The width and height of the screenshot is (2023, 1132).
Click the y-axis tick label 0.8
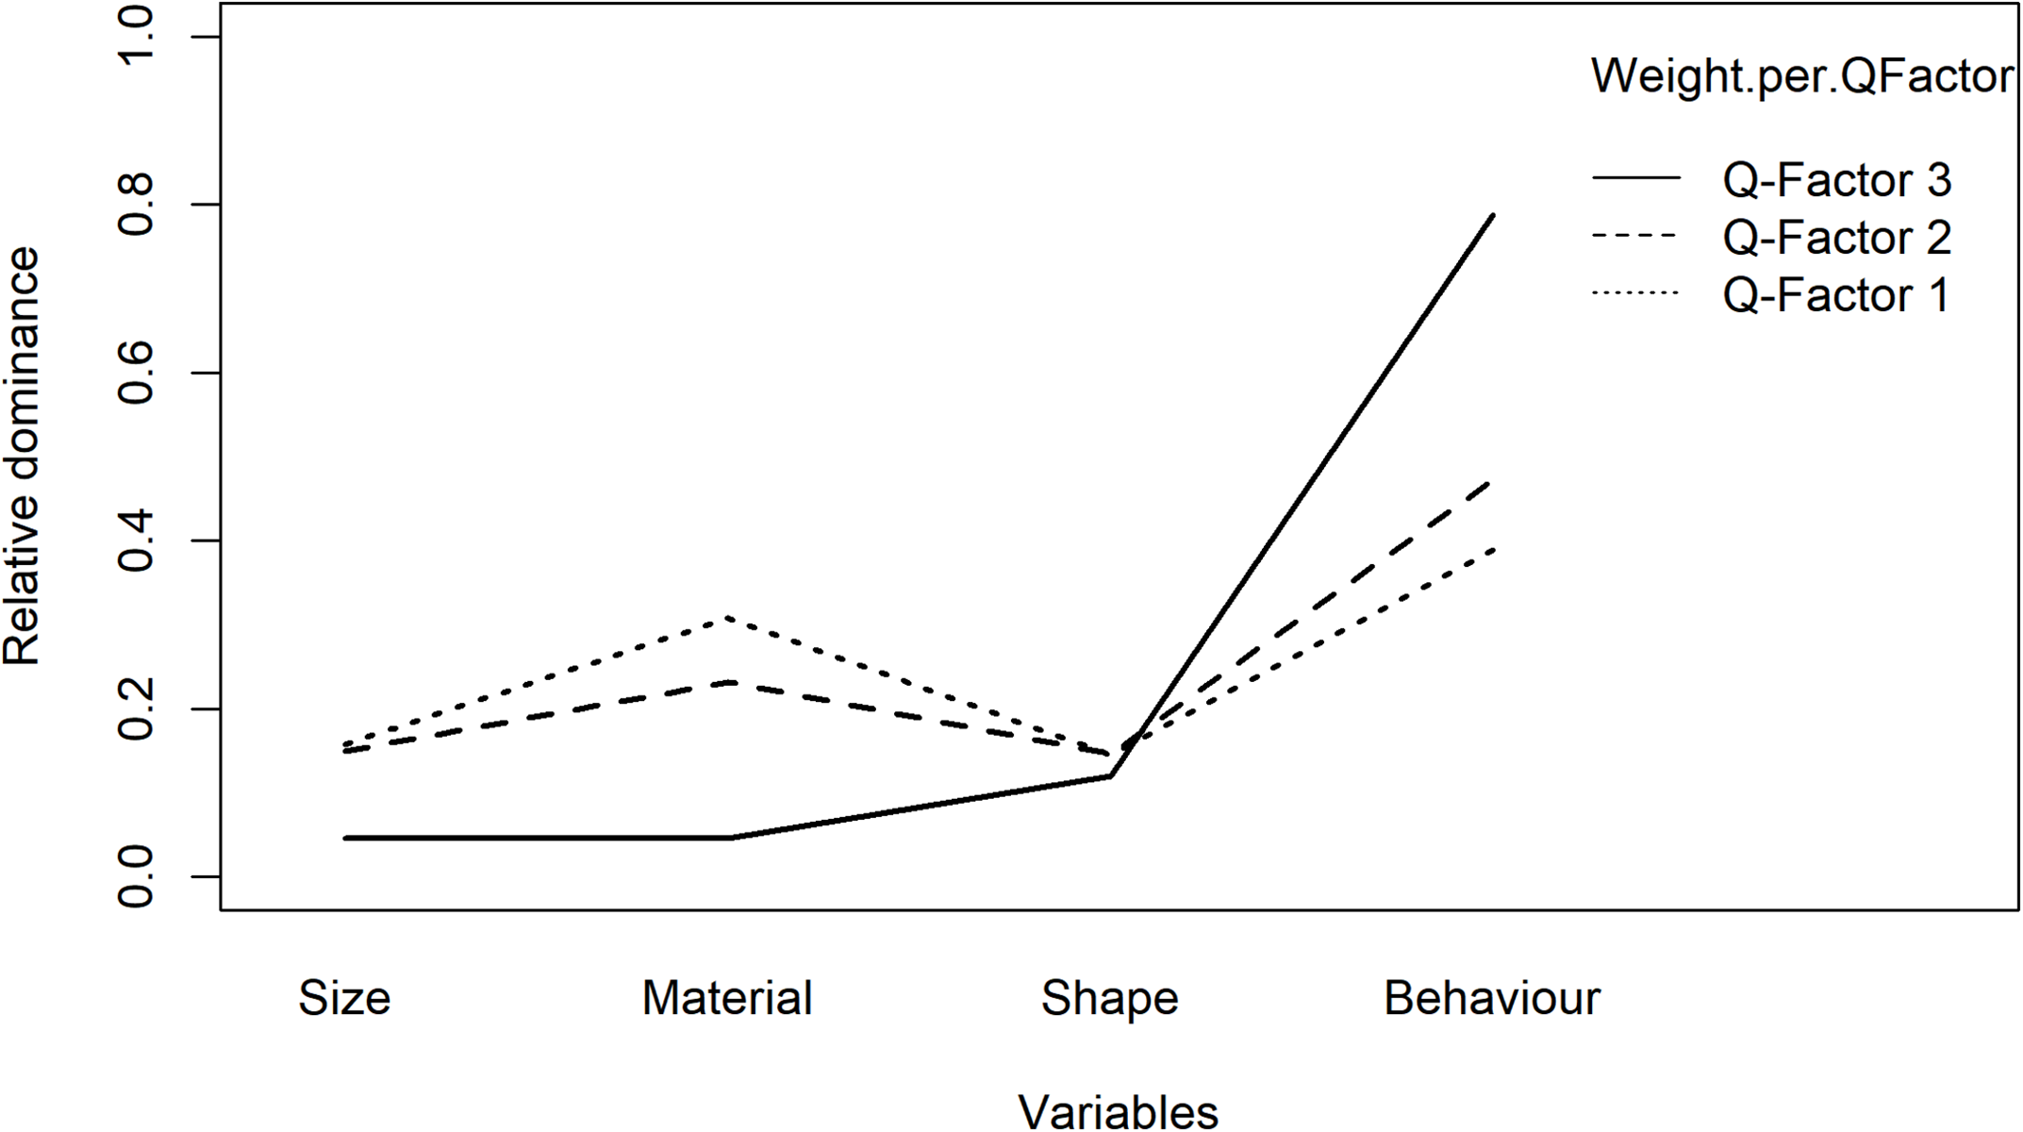click(x=138, y=205)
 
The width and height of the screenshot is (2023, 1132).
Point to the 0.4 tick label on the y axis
click(x=138, y=541)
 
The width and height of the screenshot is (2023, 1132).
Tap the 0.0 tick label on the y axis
click(x=138, y=876)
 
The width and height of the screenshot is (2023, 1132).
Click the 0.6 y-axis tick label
click(x=138, y=373)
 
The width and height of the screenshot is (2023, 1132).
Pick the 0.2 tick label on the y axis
click(x=138, y=708)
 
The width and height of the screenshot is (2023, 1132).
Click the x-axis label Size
click(x=344, y=998)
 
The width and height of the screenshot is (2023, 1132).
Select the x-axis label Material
click(x=727, y=998)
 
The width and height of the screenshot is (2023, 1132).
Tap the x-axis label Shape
click(x=1109, y=998)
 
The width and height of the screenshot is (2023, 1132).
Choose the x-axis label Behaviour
click(x=1492, y=998)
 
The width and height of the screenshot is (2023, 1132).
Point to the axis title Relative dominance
click(x=23, y=456)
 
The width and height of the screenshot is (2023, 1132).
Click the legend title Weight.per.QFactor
click(x=1802, y=75)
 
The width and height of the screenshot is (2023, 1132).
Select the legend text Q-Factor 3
click(x=1836, y=180)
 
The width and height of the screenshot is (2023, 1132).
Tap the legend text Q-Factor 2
click(x=1836, y=238)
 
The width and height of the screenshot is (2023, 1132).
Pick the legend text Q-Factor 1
click(x=1834, y=295)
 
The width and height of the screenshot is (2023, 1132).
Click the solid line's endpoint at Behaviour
click(x=1493, y=216)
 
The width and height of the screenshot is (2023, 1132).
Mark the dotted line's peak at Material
click(x=727, y=618)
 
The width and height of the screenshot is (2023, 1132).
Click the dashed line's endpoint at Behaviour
click(x=1492, y=480)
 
